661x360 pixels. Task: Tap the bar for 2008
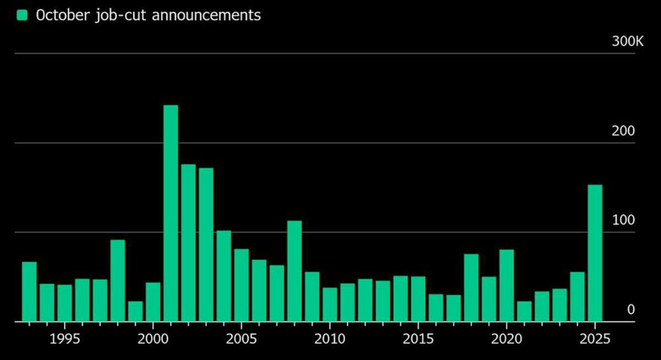294,271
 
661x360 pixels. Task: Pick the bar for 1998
118,281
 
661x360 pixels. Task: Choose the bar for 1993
29,291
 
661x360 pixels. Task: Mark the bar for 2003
206,244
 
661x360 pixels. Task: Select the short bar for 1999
135,311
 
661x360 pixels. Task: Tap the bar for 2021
524,311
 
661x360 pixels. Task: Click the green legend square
22,15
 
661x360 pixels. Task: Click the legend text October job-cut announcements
148,15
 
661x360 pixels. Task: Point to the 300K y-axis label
627,42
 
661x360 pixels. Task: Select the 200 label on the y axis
623,131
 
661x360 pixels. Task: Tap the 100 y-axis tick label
623,220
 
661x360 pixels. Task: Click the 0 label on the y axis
631,309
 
